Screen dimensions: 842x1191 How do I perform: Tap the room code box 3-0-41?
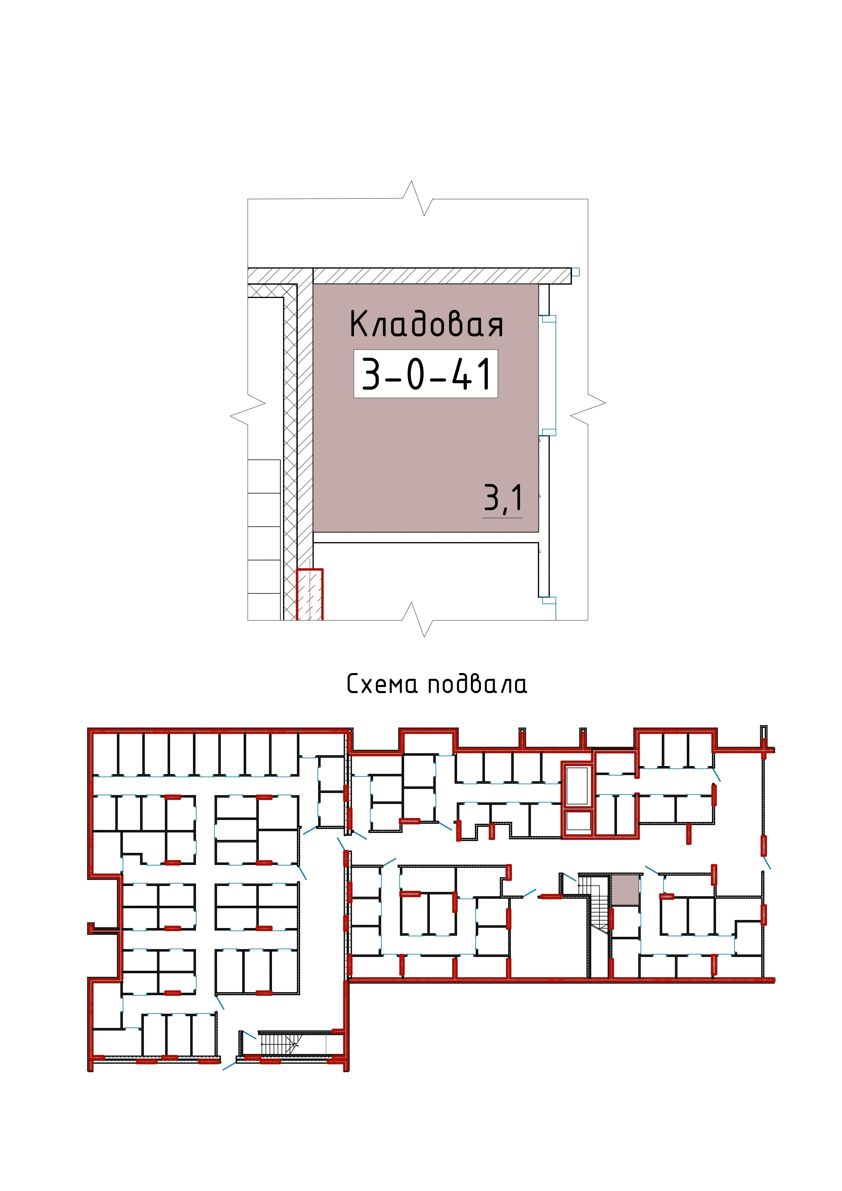[x=425, y=373]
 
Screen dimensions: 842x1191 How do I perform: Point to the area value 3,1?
[x=503, y=499]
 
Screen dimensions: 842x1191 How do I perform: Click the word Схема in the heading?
[x=382, y=684]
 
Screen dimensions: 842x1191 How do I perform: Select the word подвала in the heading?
[x=477, y=684]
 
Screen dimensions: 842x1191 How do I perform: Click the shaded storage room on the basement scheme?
[x=625, y=890]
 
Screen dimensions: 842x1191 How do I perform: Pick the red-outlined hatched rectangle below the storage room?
[x=310, y=594]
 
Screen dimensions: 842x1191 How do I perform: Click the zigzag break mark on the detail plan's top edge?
[x=418, y=198]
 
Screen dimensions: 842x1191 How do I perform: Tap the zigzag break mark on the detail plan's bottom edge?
[x=418, y=619]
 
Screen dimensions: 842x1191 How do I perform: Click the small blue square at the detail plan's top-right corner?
[x=575, y=272]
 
